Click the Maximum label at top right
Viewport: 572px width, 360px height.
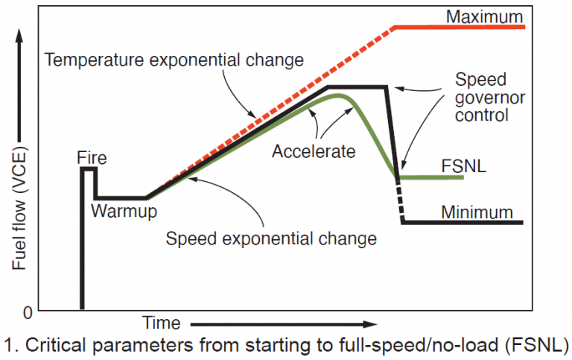coord(485,16)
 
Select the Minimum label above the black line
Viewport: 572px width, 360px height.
coord(477,212)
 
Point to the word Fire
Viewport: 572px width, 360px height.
coord(92,158)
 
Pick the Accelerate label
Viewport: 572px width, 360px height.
coord(314,151)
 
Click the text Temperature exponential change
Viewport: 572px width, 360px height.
coord(174,59)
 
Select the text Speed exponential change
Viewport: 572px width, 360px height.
coord(271,239)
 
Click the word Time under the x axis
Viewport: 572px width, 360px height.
coord(162,323)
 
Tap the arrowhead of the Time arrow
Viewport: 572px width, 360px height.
coord(372,324)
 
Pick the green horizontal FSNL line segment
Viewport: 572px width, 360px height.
coord(432,177)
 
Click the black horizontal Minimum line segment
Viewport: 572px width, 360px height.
coord(462,222)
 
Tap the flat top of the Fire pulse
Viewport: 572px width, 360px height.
coord(89,169)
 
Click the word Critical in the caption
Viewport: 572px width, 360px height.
coord(45,345)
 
